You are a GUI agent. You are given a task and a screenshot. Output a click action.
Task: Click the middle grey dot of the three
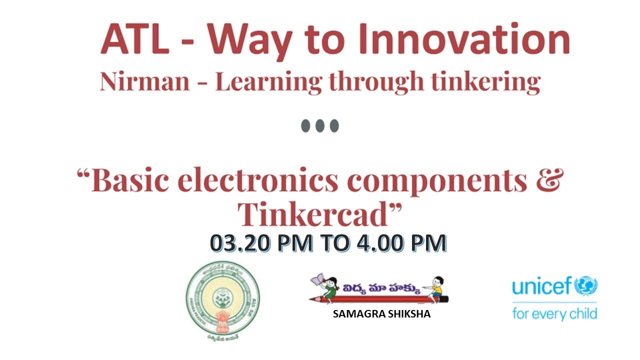(x=320, y=125)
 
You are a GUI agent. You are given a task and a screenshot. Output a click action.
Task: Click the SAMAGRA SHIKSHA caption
(x=381, y=314)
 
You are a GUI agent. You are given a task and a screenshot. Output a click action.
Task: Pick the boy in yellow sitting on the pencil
(x=434, y=287)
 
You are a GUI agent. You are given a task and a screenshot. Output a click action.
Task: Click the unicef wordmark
(x=542, y=287)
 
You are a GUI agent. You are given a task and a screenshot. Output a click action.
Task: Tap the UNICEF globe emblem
(x=586, y=286)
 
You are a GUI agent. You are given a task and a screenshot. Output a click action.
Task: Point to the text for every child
(x=554, y=313)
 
